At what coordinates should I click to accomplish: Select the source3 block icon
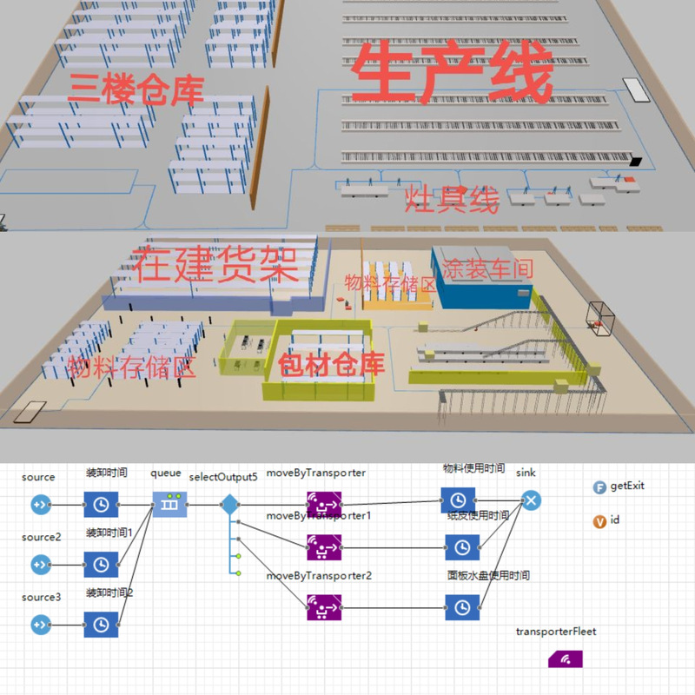(x=40, y=624)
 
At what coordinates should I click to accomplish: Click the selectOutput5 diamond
(x=229, y=504)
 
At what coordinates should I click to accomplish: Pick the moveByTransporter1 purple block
(x=324, y=547)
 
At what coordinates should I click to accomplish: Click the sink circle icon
(x=531, y=500)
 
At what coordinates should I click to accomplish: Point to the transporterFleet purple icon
(x=565, y=658)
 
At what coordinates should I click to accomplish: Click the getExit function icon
(x=599, y=487)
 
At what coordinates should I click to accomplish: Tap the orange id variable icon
(x=599, y=522)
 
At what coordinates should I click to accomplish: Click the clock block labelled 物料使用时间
(x=458, y=500)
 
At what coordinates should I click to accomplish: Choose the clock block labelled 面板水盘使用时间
(x=462, y=606)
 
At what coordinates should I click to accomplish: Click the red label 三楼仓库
(x=136, y=89)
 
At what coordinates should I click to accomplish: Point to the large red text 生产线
(x=453, y=76)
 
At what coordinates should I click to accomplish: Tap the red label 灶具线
(x=453, y=201)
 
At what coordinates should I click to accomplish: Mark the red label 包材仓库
(x=332, y=364)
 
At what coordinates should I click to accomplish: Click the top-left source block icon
(x=40, y=504)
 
